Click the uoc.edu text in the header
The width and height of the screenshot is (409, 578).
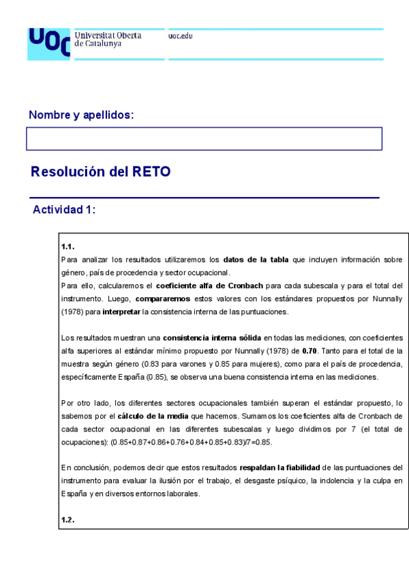point(180,36)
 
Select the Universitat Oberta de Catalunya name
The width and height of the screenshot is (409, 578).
point(108,40)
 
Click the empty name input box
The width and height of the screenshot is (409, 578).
point(204,138)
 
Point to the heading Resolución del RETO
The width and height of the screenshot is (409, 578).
point(100,172)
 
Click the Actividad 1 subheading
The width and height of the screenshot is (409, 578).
point(64,210)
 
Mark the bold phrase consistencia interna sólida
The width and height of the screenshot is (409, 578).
point(212,337)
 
